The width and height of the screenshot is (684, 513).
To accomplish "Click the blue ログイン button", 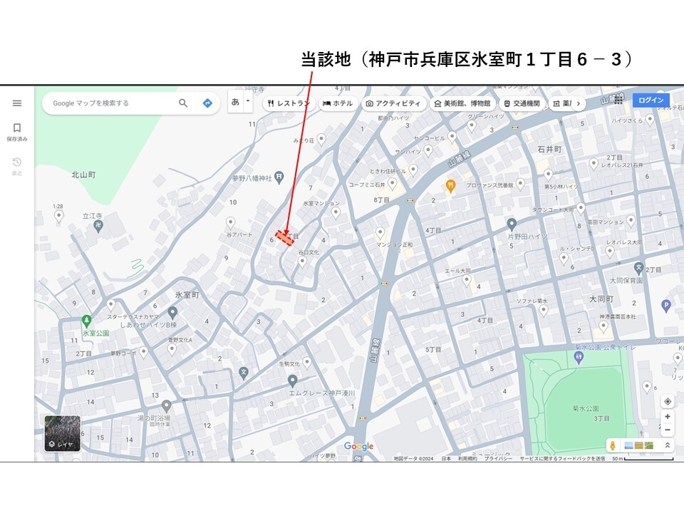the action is [651, 100].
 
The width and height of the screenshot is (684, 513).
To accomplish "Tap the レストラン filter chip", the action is [289, 103].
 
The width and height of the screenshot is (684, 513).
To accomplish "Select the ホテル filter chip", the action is [338, 103].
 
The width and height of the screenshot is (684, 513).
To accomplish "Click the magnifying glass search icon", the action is [183, 103].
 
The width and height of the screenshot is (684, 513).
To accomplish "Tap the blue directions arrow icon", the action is [207, 103].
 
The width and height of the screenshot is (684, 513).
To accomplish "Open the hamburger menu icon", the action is [17, 103].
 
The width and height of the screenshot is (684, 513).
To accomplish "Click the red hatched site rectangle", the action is [285, 238].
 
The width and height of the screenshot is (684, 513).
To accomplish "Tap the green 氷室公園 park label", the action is [95, 333].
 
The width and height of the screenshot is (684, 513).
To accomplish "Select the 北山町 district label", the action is [83, 174].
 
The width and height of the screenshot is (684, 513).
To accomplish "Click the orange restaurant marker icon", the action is [450, 185].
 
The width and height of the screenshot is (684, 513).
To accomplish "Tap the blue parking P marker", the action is [666, 306].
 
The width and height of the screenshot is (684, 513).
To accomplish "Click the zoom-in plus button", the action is [667, 417].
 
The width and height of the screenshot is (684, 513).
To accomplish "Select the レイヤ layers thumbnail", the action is [63, 434].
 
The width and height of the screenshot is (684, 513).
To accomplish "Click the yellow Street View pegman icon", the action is [611, 445].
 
